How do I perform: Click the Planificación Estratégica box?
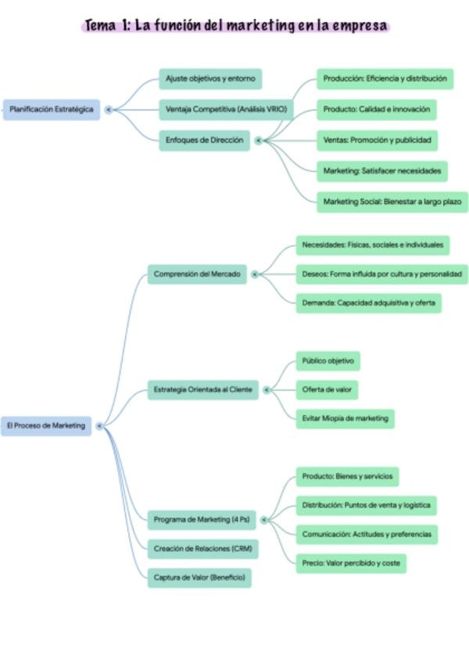(52, 109)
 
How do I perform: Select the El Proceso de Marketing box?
(46, 426)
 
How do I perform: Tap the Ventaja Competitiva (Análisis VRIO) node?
(226, 109)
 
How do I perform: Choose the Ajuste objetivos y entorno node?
(210, 79)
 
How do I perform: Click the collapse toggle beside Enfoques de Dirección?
(259, 141)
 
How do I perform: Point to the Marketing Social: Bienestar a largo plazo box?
(392, 202)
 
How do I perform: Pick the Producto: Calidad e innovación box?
(377, 109)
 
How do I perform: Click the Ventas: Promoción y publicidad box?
(378, 141)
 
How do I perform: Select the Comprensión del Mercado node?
(197, 274)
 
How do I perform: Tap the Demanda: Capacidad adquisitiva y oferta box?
(368, 303)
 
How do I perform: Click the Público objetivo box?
(328, 361)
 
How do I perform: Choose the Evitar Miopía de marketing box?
(345, 418)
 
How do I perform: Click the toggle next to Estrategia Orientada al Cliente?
(267, 390)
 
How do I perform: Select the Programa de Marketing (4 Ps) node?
(202, 520)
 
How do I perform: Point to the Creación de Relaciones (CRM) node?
(203, 549)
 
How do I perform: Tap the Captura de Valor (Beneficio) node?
(199, 578)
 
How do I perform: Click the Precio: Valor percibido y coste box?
(351, 563)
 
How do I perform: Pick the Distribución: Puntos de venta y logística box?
(367, 505)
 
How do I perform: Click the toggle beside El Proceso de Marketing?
(99, 426)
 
